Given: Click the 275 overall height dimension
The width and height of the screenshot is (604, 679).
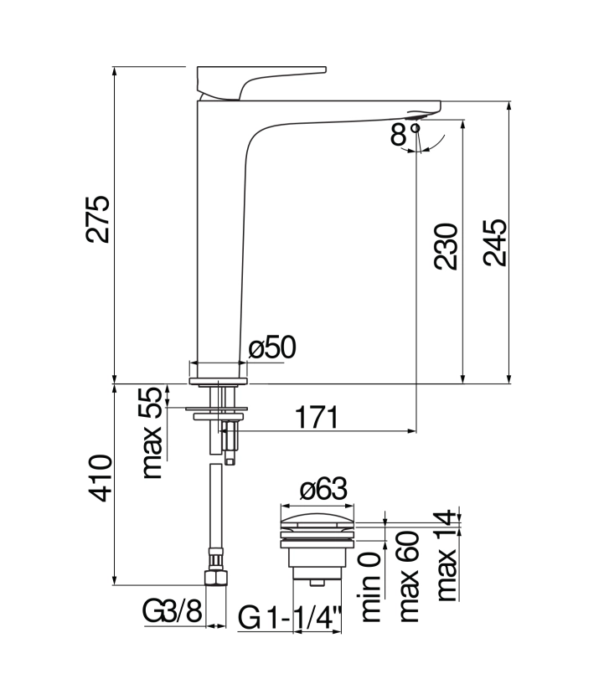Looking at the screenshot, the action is click(x=97, y=219).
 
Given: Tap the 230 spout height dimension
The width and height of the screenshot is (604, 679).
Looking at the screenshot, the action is click(x=446, y=246).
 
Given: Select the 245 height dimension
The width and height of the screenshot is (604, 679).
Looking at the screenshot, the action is click(x=494, y=243).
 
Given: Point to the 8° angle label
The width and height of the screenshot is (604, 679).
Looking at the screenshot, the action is click(x=405, y=134).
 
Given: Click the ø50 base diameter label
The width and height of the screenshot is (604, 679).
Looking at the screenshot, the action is click(x=272, y=347).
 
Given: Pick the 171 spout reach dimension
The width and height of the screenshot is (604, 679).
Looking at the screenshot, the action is click(x=317, y=418).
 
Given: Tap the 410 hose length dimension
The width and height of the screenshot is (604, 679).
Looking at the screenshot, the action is click(x=100, y=478).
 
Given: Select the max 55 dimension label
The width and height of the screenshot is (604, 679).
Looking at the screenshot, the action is click(x=152, y=433).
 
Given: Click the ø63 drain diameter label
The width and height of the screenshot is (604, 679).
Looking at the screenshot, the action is click(x=323, y=489).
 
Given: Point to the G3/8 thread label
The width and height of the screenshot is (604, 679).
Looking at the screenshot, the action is click(x=173, y=612).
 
